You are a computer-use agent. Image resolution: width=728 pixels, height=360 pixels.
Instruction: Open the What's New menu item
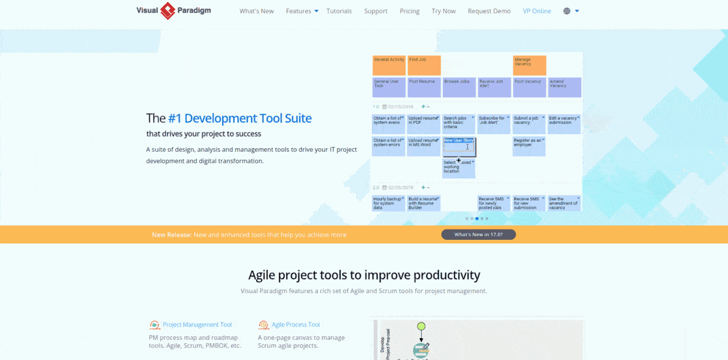coord(257,11)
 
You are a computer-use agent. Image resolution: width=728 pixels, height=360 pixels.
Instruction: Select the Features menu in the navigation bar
coord(302,11)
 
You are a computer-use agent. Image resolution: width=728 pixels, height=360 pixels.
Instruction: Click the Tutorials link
coord(339,11)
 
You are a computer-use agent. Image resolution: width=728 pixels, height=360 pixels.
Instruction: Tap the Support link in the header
coord(376,11)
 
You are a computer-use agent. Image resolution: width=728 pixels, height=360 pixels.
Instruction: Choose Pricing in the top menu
coord(409,11)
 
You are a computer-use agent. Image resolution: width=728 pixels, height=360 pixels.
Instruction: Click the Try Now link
coord(443,11)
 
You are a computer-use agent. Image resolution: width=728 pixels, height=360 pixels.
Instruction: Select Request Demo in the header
coord(489,11)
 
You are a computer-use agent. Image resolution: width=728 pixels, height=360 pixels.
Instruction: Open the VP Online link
coord(537,11)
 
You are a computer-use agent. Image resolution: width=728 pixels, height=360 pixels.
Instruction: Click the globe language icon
coord(567,11)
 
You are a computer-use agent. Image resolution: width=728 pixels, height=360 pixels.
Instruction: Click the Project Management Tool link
coord(197,325)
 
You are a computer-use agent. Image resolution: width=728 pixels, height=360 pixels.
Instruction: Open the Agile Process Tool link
coord(295,325)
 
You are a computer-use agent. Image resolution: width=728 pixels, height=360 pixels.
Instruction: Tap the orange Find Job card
coord(423,65)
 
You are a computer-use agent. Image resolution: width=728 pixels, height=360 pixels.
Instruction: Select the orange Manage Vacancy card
coord(529,65)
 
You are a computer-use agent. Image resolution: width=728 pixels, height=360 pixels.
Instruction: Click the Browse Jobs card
coord(459,87)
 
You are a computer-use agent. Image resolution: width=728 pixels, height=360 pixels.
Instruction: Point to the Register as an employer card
coord(529,146)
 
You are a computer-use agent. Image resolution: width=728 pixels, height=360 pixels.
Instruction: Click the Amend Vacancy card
coord(564,87)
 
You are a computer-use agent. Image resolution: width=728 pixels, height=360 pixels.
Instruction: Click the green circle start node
coord(421,327)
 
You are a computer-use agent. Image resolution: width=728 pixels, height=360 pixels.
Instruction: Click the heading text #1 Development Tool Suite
coord(240,118)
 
